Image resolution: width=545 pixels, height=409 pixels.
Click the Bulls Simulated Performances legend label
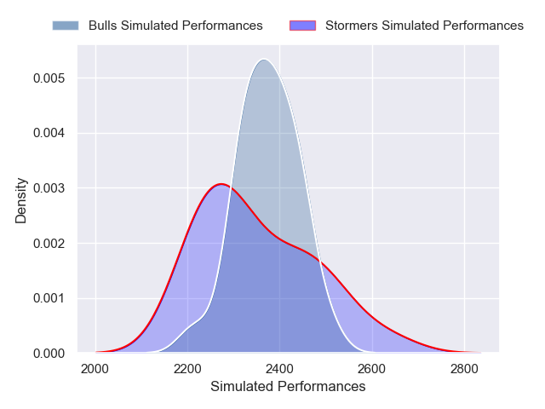175,26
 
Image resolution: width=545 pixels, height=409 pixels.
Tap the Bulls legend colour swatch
65,26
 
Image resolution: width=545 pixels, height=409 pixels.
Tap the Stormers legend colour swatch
302,26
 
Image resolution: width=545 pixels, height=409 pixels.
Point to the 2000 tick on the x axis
95,369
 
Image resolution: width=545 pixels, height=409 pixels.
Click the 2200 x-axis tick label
187,369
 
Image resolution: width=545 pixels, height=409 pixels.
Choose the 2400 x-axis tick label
279,369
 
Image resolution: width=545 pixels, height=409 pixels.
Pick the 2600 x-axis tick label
372,369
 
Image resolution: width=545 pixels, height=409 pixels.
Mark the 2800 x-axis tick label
464,369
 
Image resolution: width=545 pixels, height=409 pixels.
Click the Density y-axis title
21,200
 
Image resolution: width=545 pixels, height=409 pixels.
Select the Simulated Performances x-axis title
287,387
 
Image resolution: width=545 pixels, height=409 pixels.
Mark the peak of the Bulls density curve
264,59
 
